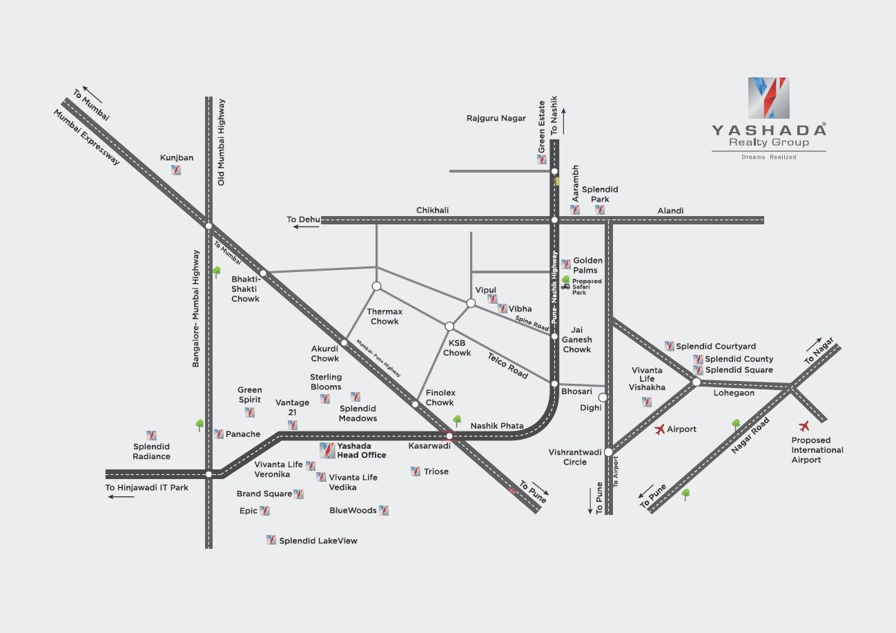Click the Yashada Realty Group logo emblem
click(x=768, y=97)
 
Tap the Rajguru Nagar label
click(x=496, y=119)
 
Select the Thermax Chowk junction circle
click(x=377, y=286)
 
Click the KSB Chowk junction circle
click(x=449, y=326)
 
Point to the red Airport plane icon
click(x=659, y=429)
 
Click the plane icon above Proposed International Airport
click(x=804, y=426)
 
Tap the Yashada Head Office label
click(x=360, y=451)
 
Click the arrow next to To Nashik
click(x=564, y=121)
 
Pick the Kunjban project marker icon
click(x=177, y=171)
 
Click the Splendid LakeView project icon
click(x=271, y=541)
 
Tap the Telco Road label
click(x=507, y=366)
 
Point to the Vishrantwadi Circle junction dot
click(x=608, y=452)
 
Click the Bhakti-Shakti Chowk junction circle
click(x=263, y=273)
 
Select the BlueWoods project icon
click(x=384, y=510)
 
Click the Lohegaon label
click(x=734, y=393)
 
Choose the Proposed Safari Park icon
click(x=566, y=282)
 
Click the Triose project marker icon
click(x=415, y=471)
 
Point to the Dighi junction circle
click(x=603, y=397)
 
